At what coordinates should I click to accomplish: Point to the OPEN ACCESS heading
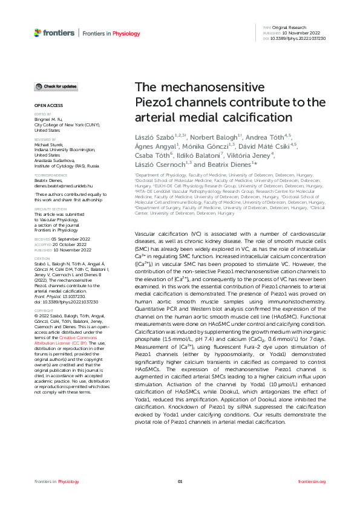click(x=45, y=105)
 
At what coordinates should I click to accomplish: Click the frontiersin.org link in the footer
click(x=312, y=481)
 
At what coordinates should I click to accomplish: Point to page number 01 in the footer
click(x=180, y=481)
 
